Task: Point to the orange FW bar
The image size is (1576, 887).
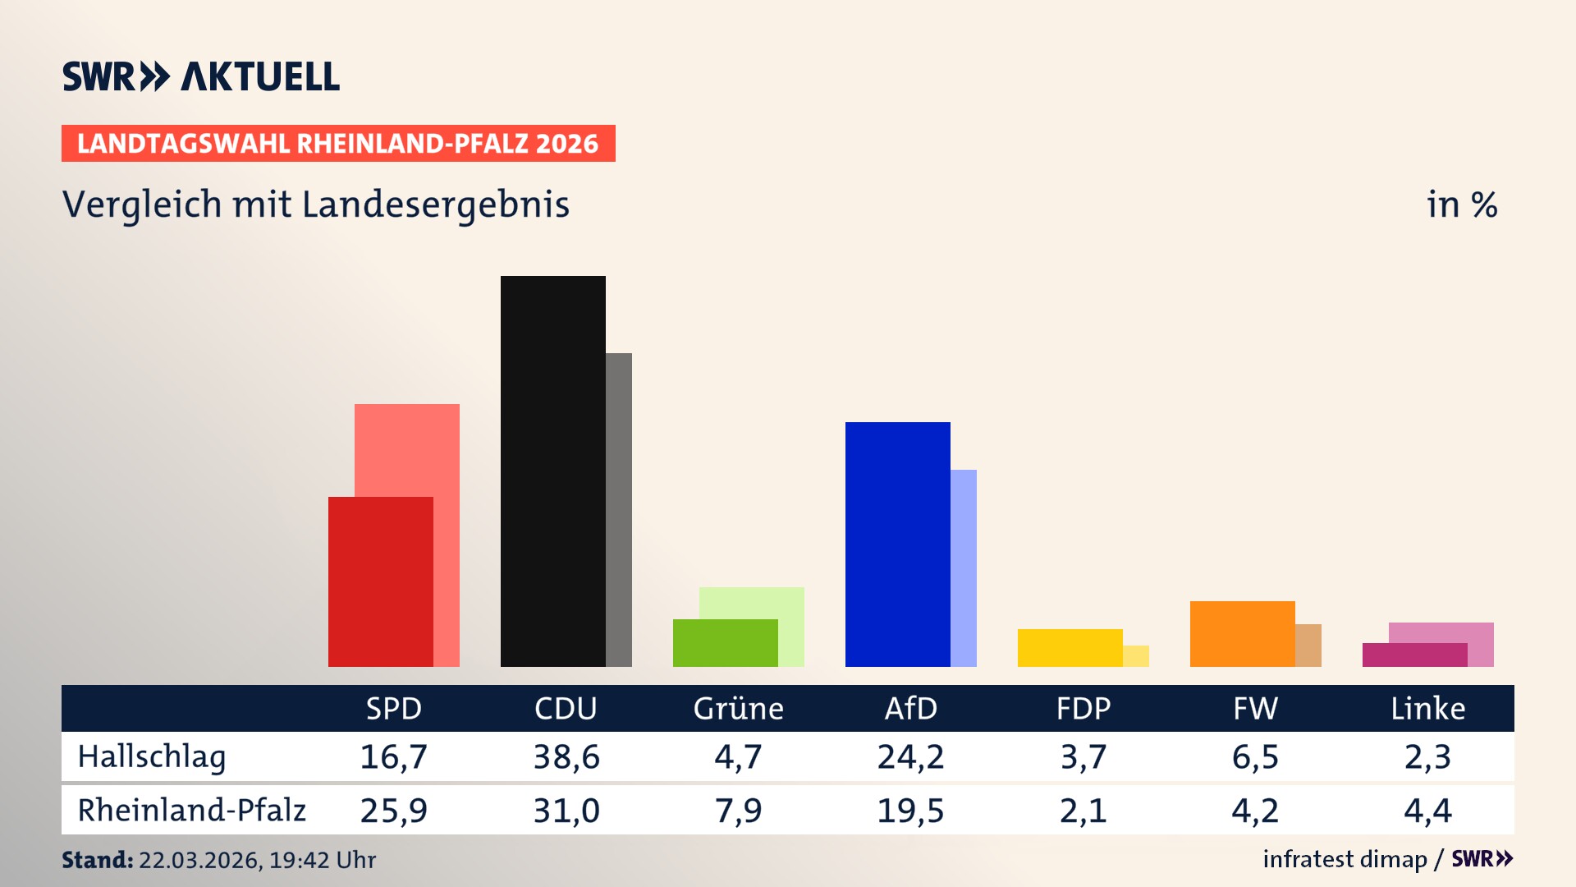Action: coord(1242,633)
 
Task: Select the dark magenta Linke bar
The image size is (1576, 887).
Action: coord(1414,655)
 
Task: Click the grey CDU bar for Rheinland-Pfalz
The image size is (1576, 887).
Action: coord(619,509)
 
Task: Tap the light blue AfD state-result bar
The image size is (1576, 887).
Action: coord(964,567)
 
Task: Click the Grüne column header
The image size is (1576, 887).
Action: coord(738,708)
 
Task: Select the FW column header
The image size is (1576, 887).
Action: coord(1255,708)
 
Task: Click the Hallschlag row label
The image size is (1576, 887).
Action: coord(151,756)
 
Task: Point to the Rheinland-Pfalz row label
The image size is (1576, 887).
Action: coord(191,810)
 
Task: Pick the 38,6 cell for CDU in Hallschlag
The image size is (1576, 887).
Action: coord(566,756)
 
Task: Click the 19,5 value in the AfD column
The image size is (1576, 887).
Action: coord(910,811)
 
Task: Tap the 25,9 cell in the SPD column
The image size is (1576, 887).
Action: coord(393,811)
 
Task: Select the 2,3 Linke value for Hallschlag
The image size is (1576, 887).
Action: coord(1427,756)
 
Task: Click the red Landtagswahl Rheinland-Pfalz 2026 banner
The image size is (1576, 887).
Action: coord(338,143)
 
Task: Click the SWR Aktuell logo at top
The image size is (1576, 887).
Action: coord(201,76)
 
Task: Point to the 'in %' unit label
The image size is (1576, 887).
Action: coord(1461,205)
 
